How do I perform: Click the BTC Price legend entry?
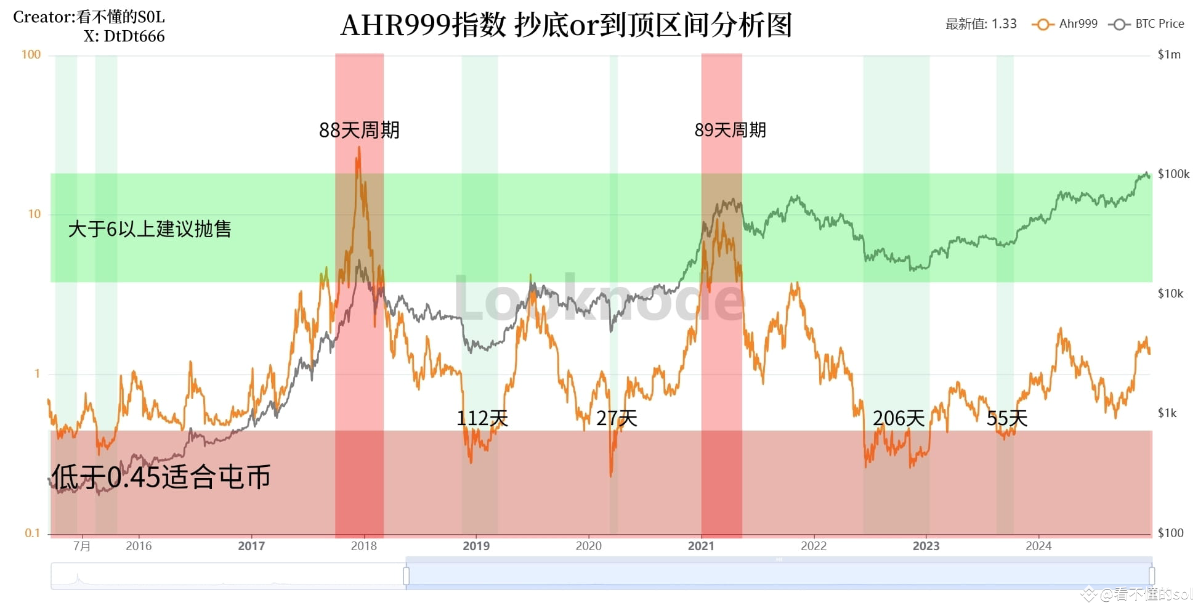1146,24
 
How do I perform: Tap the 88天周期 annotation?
359,130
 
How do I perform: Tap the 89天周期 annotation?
730,130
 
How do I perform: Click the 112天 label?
482,418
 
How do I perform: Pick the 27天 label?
616,418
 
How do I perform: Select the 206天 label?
898,418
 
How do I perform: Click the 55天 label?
1006,418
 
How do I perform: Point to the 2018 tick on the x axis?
363,546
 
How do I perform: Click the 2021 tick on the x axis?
701,546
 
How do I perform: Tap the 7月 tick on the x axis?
81,546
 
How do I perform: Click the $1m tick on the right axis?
1169,54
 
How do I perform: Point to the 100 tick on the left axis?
31,54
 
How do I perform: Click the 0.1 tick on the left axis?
32,533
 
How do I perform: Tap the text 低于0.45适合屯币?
161,477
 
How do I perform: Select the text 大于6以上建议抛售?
150,229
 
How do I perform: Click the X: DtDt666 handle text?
124,36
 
